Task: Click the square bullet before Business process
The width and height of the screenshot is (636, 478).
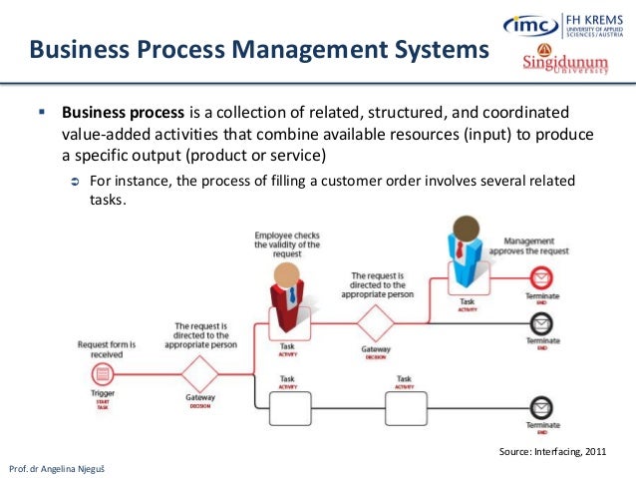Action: [42, 112]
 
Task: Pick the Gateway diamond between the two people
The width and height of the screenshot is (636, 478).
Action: [377, 323]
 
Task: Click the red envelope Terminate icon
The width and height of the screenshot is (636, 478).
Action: [540, 276]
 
